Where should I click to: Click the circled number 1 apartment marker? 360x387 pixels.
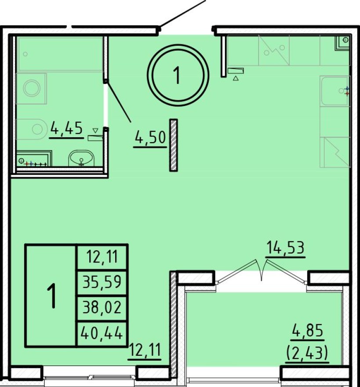pyautogui.click(x=177, y=76)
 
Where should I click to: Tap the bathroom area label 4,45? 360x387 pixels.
pyautogui.click(x=66, y=128)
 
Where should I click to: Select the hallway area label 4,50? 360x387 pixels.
pyautogui.click(x=150, y=139)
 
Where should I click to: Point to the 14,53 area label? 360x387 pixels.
pyautogui.click(x=285, y=248)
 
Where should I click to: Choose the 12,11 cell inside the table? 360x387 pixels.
pyautogui.click(x=102, y=256)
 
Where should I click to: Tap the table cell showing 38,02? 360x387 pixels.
pyautogui.click(x=102, y=307)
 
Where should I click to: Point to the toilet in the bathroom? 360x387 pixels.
pyautogui.click(x=35, y=129)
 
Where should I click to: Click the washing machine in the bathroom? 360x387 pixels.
pyautogui.click(x=32, y=88)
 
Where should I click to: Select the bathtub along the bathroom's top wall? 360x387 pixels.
pyautogui.click(x=60, y=54)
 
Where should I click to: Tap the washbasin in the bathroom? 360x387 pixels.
pyautogui.click(x=81, y=158)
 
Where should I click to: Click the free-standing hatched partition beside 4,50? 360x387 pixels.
pyautogui.click(x=174, y=145)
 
